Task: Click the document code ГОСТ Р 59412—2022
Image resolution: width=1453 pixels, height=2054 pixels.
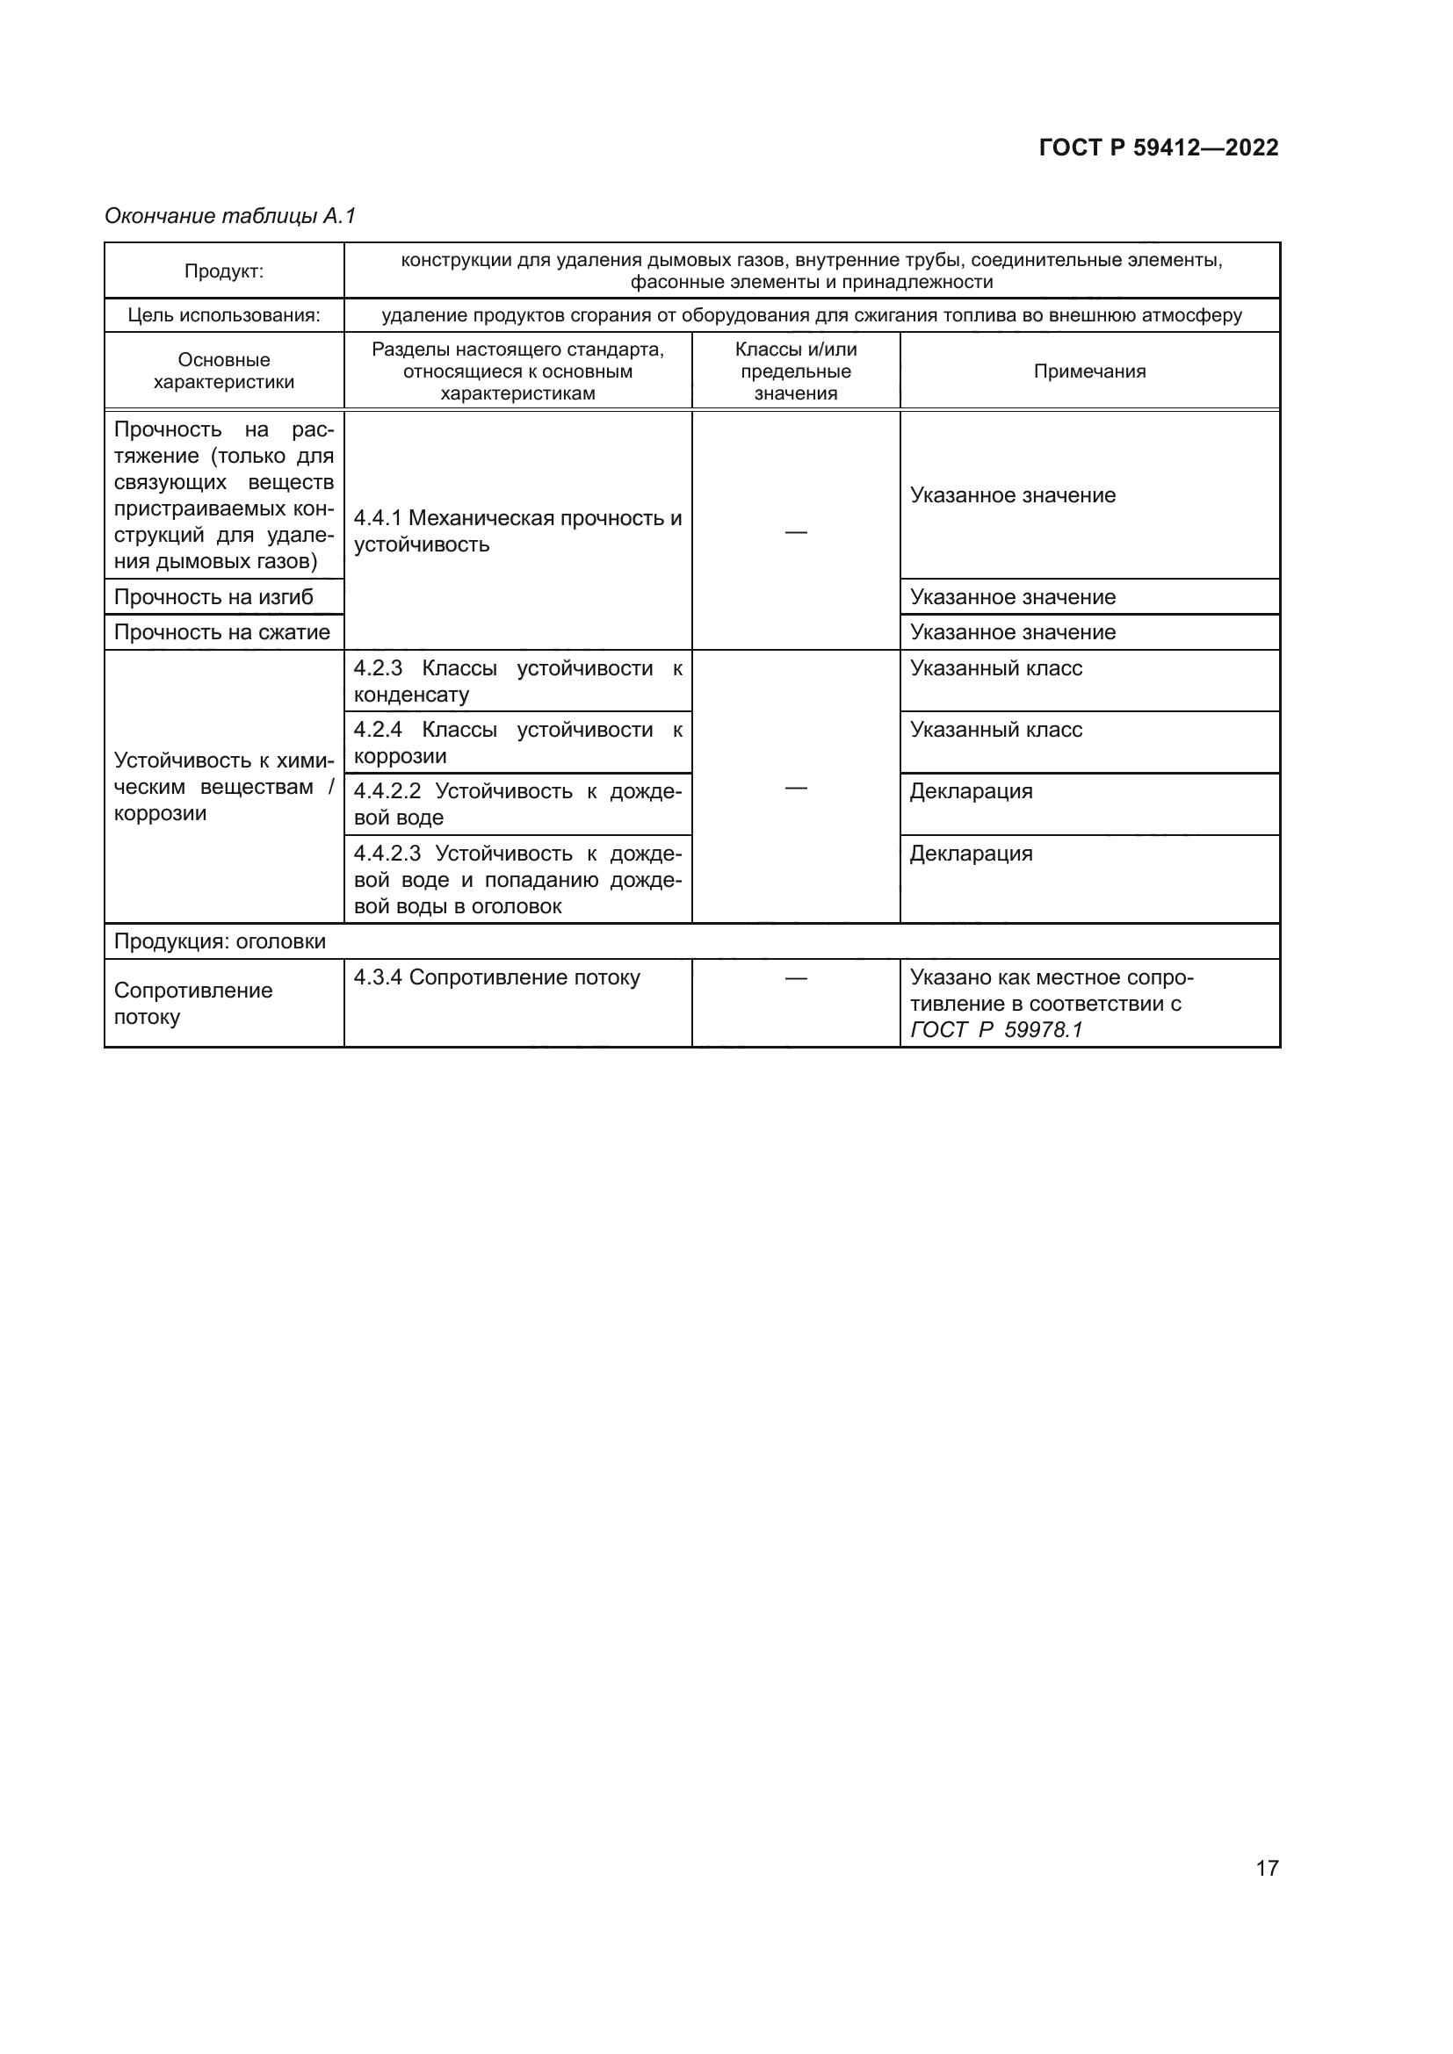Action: tap(1158, 148)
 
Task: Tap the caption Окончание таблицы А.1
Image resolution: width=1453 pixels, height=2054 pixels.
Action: tap(230, 216)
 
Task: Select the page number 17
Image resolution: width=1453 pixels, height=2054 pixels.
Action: tap(1267, 1868)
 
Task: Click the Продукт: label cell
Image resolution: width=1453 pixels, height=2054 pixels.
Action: tap(224, 271)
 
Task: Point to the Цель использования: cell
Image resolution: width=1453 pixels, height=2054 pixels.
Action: tap(224, 315)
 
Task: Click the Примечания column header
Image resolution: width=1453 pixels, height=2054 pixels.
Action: tap(1088, 371)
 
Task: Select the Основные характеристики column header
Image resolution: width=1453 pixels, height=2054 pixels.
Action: tap(224, 371)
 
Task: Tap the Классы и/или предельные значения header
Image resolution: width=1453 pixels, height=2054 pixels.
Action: tap(795, 371)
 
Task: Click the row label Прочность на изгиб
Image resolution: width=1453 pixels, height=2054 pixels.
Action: tap(213, 596)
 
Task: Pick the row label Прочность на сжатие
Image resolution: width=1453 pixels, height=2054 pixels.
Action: tap(222, 632)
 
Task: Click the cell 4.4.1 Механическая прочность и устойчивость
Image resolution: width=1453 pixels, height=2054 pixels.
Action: tap(517, 531)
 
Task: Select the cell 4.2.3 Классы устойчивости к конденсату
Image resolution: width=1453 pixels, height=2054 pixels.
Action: tap(517, 681)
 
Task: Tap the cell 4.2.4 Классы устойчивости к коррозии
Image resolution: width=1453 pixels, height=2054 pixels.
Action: tap(517, 743)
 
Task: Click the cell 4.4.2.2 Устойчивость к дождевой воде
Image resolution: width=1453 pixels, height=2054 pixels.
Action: tap(517, 804)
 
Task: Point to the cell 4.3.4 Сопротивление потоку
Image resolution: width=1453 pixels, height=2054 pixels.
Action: tap(496, 977)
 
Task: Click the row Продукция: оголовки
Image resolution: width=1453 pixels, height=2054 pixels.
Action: tap(220, 941)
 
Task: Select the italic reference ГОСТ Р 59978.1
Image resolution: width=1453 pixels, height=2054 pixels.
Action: tap(996, 1030)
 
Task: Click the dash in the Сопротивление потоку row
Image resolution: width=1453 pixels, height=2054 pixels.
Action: tap(795, 977)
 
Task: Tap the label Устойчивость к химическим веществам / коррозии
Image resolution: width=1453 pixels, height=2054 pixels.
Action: tap(224, 786)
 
